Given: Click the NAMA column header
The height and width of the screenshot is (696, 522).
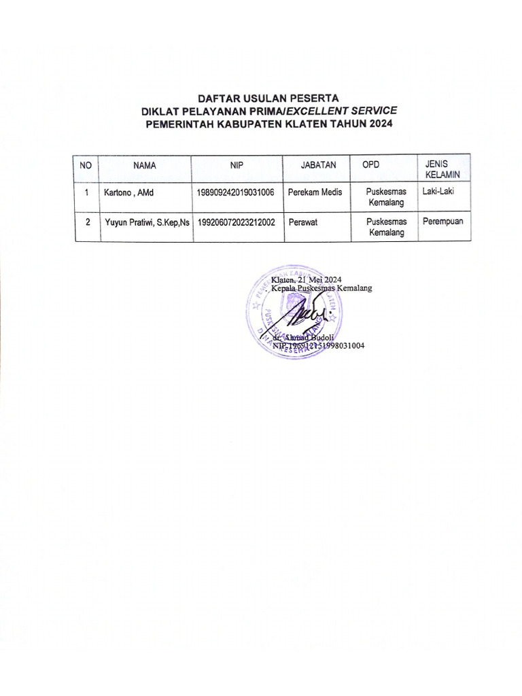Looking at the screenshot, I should tap(144, 165).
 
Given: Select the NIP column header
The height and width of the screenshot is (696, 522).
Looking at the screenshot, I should tap(237, 165).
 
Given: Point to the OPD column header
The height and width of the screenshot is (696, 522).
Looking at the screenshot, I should tap(370, 165).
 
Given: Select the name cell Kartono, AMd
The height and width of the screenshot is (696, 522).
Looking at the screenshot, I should tap(129, 193).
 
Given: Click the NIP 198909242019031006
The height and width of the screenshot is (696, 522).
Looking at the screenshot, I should tap(235, 193).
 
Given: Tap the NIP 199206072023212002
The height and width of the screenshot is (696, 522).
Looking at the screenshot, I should tap(235, 222).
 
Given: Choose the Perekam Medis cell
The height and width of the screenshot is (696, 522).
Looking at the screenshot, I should tap(315, 193).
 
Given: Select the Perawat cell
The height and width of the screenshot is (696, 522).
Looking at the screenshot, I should tap(302, 222).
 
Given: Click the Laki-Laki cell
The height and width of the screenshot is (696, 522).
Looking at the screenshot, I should tap(438, 192).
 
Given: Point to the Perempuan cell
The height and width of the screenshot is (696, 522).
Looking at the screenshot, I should tap(442, 221).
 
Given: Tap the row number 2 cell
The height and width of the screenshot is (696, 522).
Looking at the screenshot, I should tap(87, 222).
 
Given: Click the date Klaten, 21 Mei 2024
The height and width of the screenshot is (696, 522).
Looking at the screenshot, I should tap(306, 279).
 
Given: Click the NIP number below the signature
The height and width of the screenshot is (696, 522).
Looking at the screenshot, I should tap(318, 346).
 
